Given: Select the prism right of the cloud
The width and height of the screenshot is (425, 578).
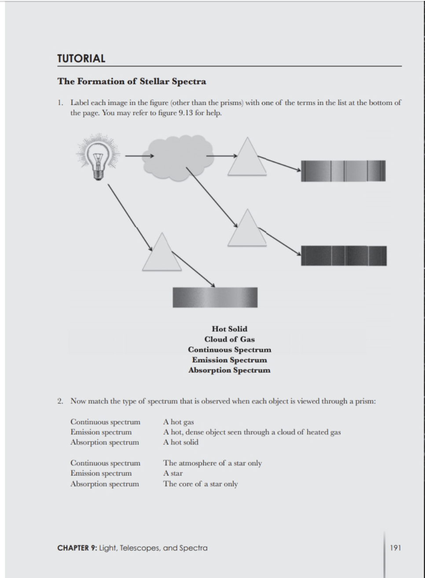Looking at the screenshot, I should [247, 157].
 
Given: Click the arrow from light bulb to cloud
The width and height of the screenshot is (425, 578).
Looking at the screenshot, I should [139, 155].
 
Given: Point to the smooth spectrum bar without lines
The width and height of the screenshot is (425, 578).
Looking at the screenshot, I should [215, 297].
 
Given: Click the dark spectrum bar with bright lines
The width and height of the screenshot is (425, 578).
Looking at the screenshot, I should [344, 256].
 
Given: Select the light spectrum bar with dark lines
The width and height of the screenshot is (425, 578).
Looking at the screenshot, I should [343, 171].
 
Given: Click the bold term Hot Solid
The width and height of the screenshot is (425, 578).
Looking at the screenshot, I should [229, 329].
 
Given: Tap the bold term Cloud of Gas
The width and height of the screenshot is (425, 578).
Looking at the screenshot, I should [229, 339].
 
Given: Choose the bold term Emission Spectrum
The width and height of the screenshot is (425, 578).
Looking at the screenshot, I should [229, 360].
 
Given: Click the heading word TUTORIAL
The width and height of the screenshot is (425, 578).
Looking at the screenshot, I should [81, 59].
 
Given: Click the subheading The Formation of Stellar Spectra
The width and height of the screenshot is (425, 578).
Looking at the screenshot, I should [132, 81].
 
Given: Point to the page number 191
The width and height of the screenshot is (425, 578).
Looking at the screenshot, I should [395, 548].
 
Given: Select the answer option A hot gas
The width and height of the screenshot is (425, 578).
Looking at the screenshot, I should [179, 422].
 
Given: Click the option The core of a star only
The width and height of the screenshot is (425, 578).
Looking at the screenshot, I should [201, 484].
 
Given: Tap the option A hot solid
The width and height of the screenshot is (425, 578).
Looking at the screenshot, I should [181, 442].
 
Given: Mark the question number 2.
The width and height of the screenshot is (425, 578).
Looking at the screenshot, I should [60, 401].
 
